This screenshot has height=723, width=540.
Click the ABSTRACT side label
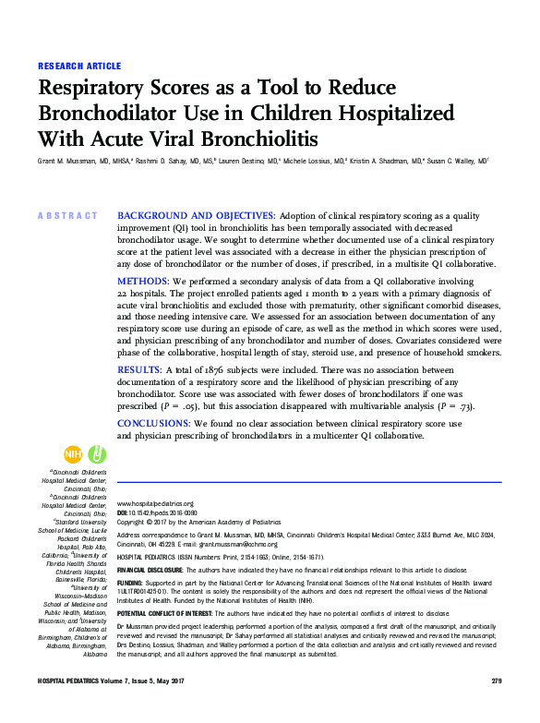(x=67, y=215)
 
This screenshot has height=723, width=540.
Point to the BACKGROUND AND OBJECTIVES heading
(x=196, y=215)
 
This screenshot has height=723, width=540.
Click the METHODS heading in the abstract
(x=142, y=280)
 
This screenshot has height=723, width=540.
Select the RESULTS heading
(x=140, y=369)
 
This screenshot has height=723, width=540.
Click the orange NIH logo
(x=72, y=453)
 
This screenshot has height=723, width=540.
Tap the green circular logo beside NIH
(x=96, y=453)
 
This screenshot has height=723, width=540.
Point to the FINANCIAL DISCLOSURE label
(x=151, y=571)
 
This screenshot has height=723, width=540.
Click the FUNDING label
(x=130, y=584)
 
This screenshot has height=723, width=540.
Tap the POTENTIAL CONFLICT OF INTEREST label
(x=178, y=613)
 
